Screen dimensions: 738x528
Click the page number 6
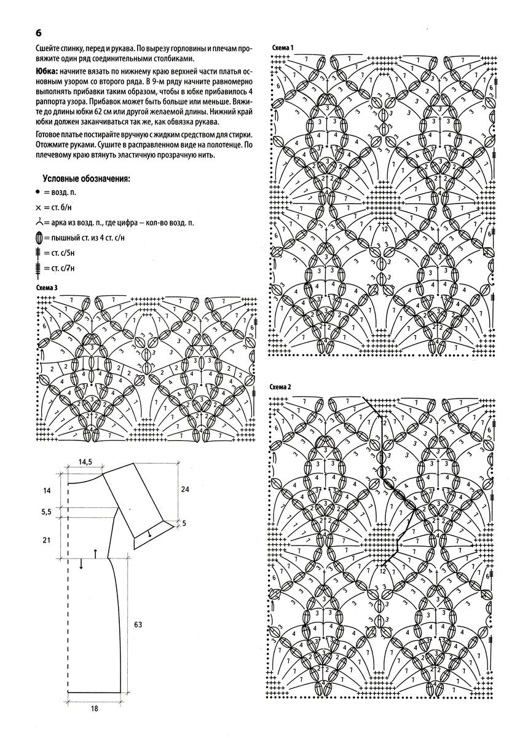[38, 32]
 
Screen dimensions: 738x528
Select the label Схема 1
[280, 47]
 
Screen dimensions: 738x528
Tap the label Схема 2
[280, 387]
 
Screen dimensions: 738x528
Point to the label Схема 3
[47, 287]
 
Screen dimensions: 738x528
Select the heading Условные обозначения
[86, 178]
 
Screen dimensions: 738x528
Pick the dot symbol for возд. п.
[38, 192]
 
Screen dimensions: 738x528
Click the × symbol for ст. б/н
[39, 207]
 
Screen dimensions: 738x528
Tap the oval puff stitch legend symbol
[39, 237]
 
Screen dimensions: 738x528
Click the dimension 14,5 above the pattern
[85, 461]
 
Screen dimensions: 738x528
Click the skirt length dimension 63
[138, 624]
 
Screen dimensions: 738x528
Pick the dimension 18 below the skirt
[94, 708]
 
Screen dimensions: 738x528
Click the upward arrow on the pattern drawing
[96, 553]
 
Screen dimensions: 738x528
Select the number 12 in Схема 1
[385, 229]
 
